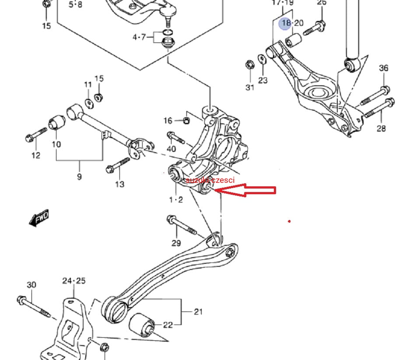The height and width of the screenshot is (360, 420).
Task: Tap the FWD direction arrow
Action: [x=39, y=217]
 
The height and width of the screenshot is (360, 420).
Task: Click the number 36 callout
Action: [x=383, y=68]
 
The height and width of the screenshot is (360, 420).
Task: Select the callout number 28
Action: [x=381, y=128]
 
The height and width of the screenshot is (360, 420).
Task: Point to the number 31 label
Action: [x=249, y=87]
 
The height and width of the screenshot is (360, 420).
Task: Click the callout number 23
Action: [x=262, y=80]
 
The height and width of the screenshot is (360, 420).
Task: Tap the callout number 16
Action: [x=168, y=120]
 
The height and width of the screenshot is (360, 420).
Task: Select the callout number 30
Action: [x=31, y=285]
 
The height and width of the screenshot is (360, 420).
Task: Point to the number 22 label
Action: [x=168, y=325]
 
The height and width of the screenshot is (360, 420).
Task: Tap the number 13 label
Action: [x=119, y=184]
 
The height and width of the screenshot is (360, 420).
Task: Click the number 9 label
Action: [x=79, y=177]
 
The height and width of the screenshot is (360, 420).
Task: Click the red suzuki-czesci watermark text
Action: [x=210, y=180]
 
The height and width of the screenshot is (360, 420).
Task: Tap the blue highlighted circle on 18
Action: [x=286, y=23]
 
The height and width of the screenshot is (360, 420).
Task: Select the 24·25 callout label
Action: [x=74, y=280]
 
